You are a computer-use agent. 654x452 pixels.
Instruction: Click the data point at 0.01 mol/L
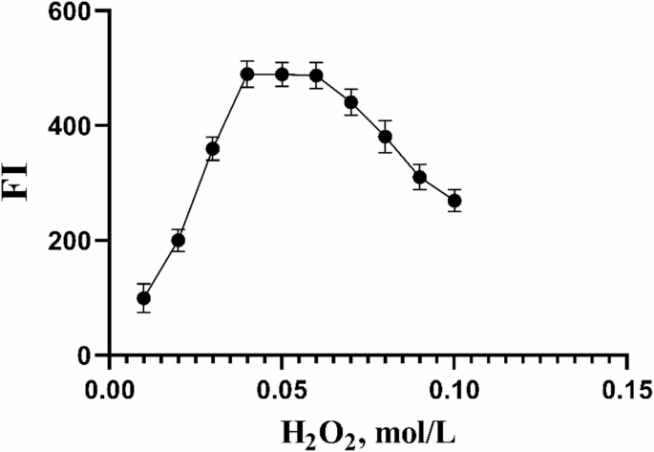click(144, 298)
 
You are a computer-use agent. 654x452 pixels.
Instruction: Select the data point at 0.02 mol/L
click(178, 241)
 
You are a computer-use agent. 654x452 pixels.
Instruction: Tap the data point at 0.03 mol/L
click(213, 148)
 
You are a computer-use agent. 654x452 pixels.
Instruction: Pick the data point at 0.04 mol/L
click(247, 75)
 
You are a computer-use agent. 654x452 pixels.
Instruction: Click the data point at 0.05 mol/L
click(282, 75)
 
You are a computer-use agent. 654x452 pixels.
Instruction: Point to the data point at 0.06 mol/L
click(316, 75)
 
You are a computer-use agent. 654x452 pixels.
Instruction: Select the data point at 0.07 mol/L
click(350, 102)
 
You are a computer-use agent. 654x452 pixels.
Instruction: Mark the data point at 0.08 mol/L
click(385, 137)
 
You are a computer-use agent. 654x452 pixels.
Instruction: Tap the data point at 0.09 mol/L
click(419, 177)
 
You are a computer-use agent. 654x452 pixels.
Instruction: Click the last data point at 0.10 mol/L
click(454, 201)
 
